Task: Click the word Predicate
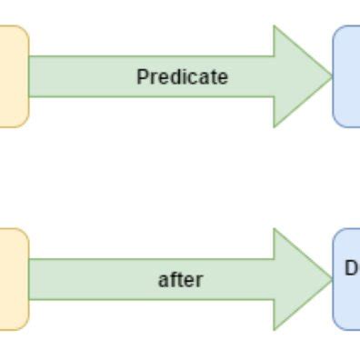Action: point(182,77)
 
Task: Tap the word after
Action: point(180,280)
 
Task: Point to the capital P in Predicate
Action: point(142,77)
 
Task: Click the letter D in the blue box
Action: point(351,268)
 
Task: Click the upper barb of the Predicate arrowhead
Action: point(275,27)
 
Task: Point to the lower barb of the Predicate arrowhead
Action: point(275,125)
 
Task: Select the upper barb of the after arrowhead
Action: point(275,230)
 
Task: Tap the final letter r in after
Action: point(198,281)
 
